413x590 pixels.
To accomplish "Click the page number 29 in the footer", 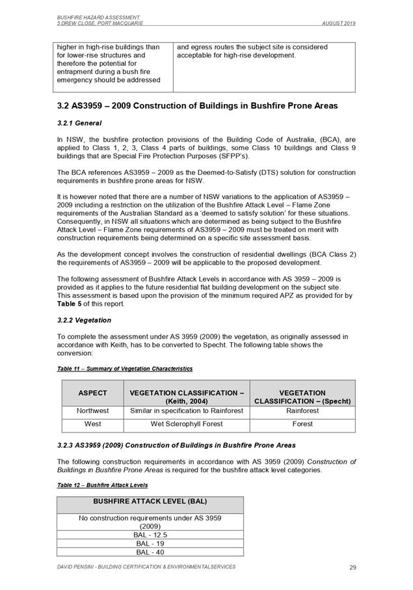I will (353, 568).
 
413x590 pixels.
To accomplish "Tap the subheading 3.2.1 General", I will (79, 122).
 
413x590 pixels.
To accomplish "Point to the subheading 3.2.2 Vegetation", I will (84, 320).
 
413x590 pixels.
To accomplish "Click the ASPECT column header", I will (92, 393).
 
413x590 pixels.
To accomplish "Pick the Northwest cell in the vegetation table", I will (92, 411).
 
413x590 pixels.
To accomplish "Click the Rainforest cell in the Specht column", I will (302, 411).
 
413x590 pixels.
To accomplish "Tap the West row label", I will (92, 424).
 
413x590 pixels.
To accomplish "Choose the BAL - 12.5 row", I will (150, 533).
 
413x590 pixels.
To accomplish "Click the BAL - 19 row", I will (150, 543).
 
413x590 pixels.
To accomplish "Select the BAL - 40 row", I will (150, 552).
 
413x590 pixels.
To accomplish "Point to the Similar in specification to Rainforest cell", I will (187, 411).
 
